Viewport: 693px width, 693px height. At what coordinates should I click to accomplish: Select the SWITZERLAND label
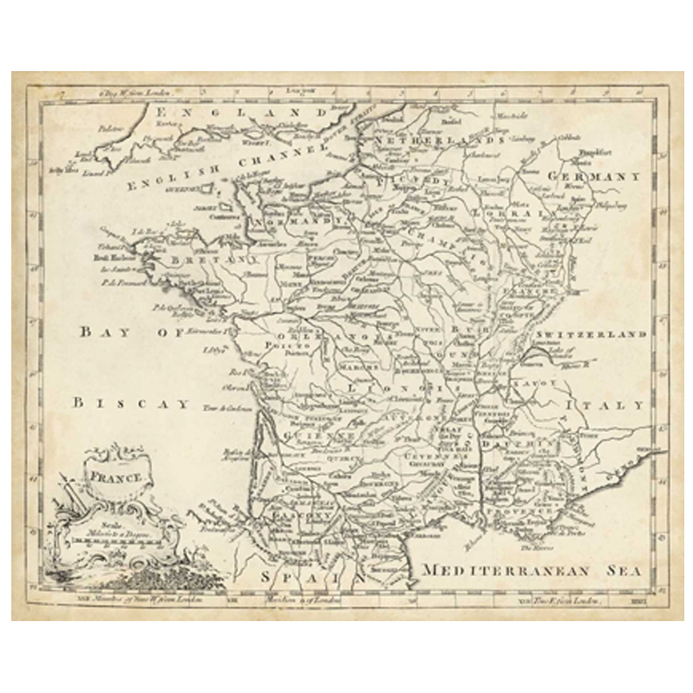(x=591, y=334)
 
